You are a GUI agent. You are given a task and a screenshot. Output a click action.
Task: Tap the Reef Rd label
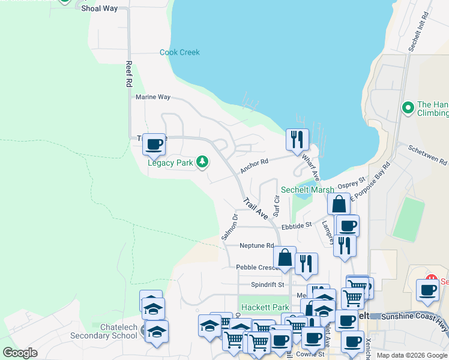pyautogui.click(x=128, y=74)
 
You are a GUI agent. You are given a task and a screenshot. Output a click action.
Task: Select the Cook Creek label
pyautogui.click(x=179, y=52)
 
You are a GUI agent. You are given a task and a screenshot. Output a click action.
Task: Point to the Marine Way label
pyautogui.click(x=153, y=97)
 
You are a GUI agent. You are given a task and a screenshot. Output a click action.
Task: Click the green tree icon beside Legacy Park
pyautogui.click(x=203, y=161)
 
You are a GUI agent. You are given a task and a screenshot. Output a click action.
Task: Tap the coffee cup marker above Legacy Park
pyautogui.click(x=154, y=144)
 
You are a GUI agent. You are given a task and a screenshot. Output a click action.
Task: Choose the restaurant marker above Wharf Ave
pyautogui.click(x=297, y=140)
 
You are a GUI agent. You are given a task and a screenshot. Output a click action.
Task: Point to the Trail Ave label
pyautogui.click(x=256, y=207)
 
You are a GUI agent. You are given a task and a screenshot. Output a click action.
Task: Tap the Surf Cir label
pyautogui.click(x=277, y=205)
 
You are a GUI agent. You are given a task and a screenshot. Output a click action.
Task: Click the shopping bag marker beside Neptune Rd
pyautogui.click(x=285, y=257)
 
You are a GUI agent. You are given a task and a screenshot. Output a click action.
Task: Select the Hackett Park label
pyautogui.click(x=265, y=307)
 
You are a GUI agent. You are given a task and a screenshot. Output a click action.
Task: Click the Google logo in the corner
pyautogui.click(x=20, y=353)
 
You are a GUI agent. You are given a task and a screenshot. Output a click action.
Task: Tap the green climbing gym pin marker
pyautogui.click(x=408, y=108)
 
